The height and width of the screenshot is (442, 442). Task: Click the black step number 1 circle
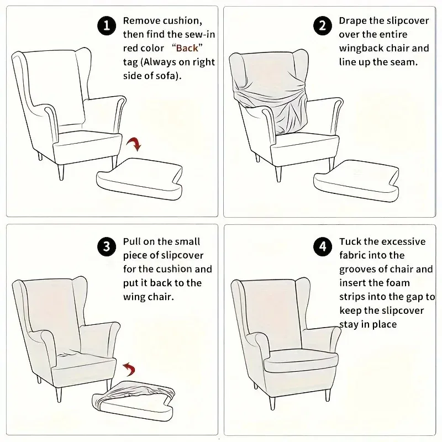107,26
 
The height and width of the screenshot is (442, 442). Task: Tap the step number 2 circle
323,26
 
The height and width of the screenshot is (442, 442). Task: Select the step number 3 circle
107,246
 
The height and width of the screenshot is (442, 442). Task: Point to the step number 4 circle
323,246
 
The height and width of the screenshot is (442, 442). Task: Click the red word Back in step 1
187,48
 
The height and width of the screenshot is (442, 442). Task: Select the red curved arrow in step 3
129,369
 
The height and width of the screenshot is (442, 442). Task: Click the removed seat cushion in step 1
139,178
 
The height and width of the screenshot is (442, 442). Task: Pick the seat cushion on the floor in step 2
356,181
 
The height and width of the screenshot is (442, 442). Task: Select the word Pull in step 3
131,241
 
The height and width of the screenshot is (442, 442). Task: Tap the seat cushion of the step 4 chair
301,361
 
